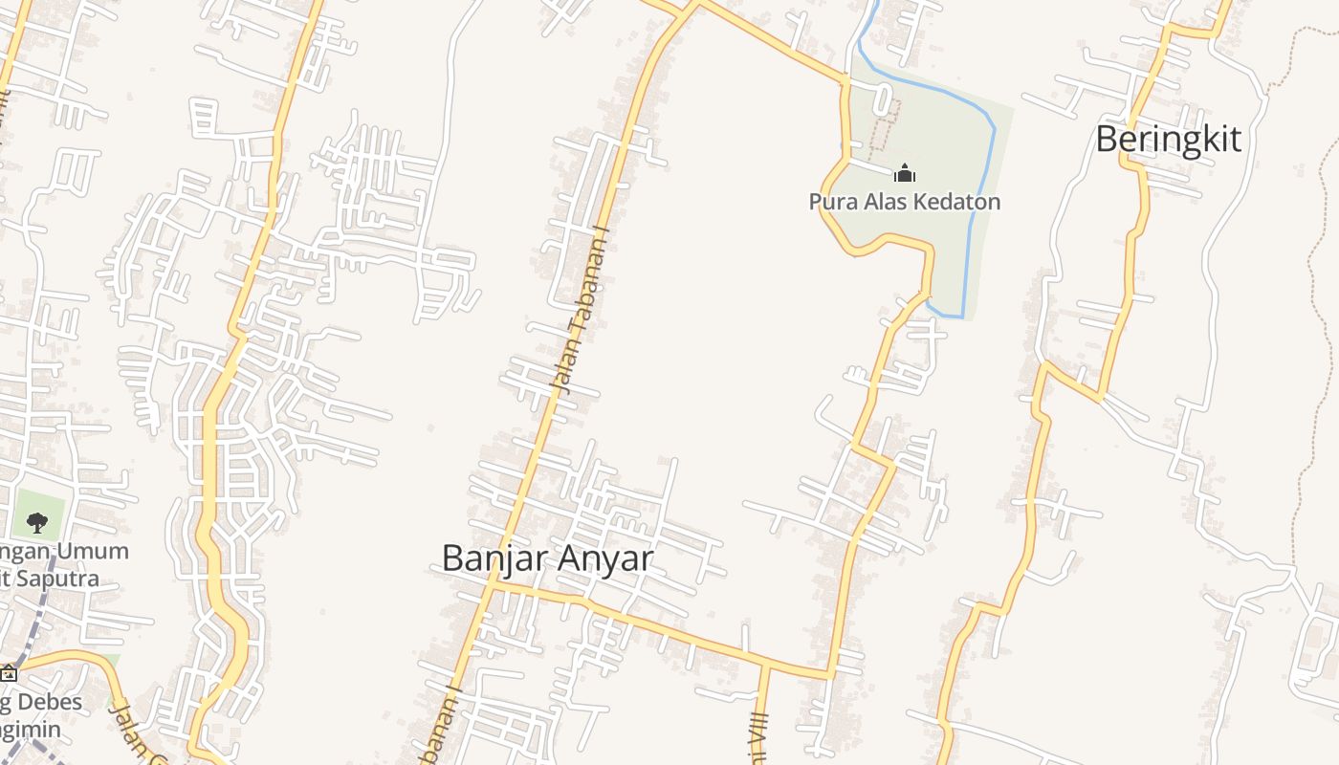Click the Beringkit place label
point(1168,140)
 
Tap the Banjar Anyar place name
point(547,558)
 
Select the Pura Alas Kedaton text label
point(904,202)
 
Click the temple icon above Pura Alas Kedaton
point(905,174)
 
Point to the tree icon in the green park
point(37,522)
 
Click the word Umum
point(94,552)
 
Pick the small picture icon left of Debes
point(9,673)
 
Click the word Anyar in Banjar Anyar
point(604,558)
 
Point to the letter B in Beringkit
point(1106,140)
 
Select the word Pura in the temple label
point(828,202)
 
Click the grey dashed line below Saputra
point(34,622)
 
